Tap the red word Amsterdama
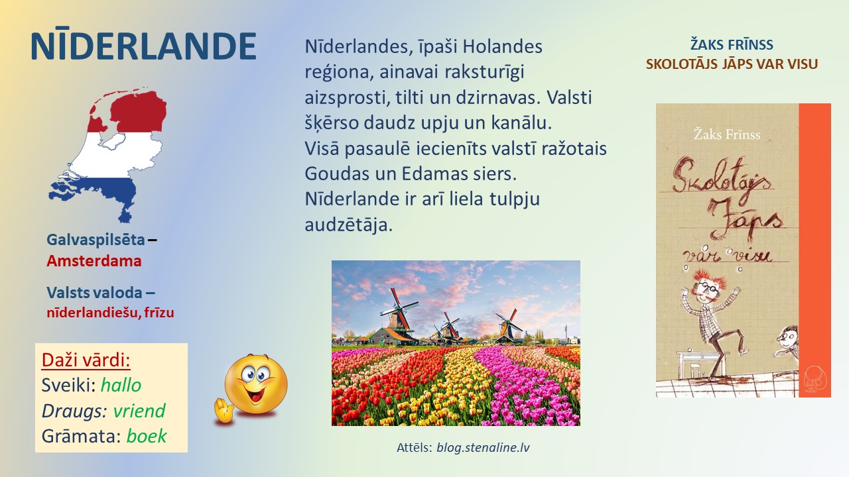click(94, 261)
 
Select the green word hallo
click(121, 386)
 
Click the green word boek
click(147, 436)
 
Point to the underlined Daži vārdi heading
click(86, 360)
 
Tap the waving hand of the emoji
click(224, 410)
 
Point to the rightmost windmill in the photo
click(508, 325)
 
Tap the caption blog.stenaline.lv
click(483, 447)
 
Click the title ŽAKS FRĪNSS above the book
click(732, 44)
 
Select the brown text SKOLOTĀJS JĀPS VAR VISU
click(732, 64)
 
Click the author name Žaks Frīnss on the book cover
click(727, 134)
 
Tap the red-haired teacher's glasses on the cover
click(707, 287)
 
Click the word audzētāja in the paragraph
click(348, 225)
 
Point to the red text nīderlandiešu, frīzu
click(110, 313)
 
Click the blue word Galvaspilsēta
click(96, 240)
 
